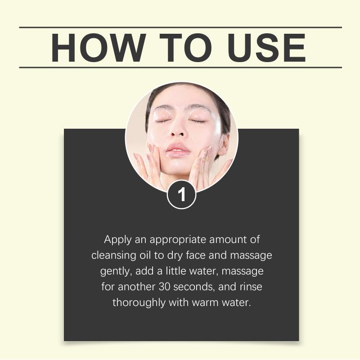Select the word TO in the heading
click(x=185, y=48)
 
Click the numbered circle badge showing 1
click(x=182, y=194)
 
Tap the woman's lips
click(x=178, y=150)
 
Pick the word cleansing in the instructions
click(x=114, y=256)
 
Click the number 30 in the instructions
click(x=164, y=287)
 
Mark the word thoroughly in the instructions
click(x=139, y=303)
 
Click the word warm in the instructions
click(x=205, y=303)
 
